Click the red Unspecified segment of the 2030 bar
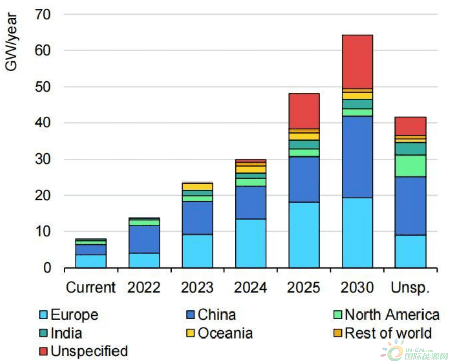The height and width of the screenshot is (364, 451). [x=357, y=62]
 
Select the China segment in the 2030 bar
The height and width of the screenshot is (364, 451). [x=357, y=157]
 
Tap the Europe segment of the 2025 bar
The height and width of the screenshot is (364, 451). [x=304, y=235]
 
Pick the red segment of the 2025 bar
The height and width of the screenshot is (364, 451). [x=304, y=111]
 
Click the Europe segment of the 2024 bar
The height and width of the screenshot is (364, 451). [x=250, y=243]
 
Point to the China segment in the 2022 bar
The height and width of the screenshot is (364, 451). [x=144, y=239]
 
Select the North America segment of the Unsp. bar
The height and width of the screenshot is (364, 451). [x=410, y=166]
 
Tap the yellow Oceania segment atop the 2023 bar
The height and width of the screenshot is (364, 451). [x=198, y=186]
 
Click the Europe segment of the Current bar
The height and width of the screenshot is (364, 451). [x=91, y=261]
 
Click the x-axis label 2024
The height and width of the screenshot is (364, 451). [x=250, y=288]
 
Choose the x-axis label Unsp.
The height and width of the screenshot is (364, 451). [x=410, y=288]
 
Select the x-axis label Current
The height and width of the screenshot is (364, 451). [x=91, y=288]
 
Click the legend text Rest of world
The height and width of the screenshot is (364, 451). [x=388, y=333]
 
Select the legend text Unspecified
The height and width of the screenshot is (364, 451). [x=89, y=351]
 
